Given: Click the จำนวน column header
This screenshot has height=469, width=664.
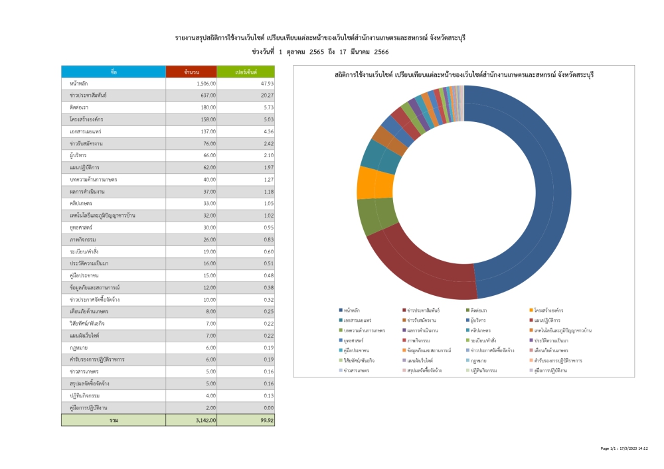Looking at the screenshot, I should pos(192,72).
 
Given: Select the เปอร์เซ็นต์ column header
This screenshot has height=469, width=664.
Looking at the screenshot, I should pos(246,72).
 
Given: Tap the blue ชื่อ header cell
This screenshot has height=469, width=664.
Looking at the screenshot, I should pos(114,72).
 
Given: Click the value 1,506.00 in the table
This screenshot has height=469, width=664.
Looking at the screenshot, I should pos(207,84).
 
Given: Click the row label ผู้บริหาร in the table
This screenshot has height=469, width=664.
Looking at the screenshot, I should pos(78,155).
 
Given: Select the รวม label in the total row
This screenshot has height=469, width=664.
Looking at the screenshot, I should pos(114,420).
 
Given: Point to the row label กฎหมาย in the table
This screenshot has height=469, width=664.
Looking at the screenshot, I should pos(76,348).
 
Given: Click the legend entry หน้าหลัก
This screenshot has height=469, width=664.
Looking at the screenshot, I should pos(352,310).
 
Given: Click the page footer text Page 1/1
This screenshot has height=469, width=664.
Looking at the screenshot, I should pos(610,449).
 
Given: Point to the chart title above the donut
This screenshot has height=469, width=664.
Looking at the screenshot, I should pos(464,75).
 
